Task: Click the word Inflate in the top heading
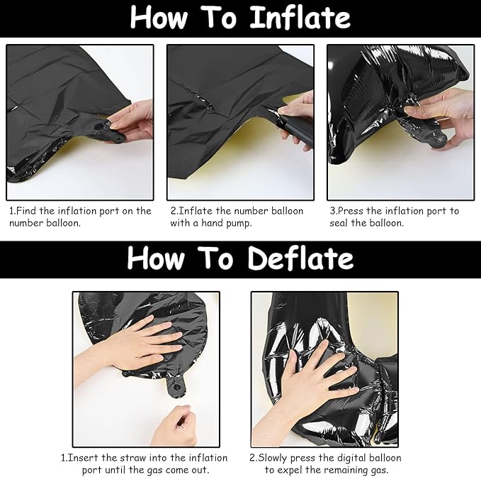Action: [x=300, y=17]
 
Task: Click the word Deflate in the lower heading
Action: [x=300, y=258]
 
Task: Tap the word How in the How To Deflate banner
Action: [x=157, y=258]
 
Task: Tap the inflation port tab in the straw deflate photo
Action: [x=176, y=388]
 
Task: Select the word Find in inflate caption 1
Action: [x=26, y=211]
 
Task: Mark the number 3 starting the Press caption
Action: [x=332, y=211]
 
